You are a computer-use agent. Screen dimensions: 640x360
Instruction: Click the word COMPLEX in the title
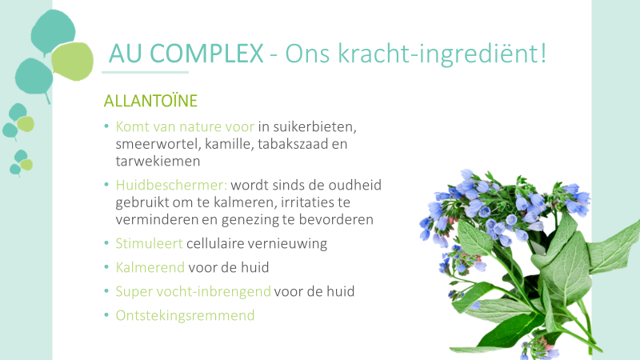click(206, 54)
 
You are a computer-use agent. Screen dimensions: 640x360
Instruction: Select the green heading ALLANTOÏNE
click(150, 101)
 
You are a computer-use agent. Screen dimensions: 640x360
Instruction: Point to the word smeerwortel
click(158, 144)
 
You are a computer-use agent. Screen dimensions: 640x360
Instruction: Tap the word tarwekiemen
click(158, 161)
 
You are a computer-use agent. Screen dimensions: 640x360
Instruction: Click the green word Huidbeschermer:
click(171, 185)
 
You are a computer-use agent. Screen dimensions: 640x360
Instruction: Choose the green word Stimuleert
click(149, 243)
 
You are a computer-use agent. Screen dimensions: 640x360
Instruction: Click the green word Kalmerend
click(150, 267)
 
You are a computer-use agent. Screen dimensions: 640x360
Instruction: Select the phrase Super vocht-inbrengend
click(193, 291)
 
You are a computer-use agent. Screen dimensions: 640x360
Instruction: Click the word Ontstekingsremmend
click(185, 315)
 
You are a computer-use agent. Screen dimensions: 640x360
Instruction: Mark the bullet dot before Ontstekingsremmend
click(106, 314)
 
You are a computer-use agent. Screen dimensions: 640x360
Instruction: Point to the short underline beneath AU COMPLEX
click(146, 72)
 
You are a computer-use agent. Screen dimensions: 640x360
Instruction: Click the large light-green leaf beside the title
click(73, 62)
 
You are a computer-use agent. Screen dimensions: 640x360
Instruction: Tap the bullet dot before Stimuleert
click(106, 243)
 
